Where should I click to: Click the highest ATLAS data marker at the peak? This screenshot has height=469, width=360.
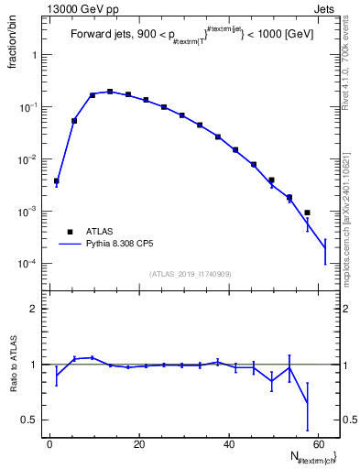point(110,92)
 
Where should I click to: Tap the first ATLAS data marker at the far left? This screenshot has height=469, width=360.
point(56,181)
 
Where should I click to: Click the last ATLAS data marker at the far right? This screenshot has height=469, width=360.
point(307,213)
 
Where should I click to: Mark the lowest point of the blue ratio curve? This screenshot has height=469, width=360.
point(307,404)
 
